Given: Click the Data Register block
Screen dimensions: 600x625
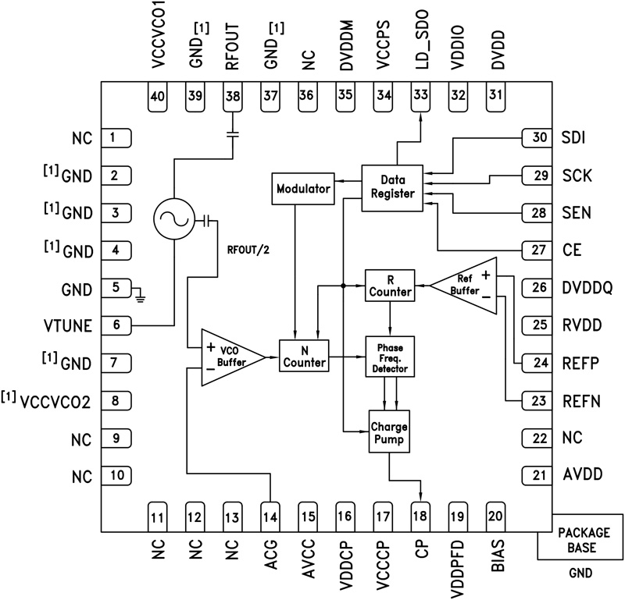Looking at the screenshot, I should click(391, 187).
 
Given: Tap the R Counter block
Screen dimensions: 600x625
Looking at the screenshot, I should click(388, 286).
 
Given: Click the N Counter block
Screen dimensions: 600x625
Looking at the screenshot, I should click(303, 357).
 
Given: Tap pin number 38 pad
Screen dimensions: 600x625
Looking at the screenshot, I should click(232, 95).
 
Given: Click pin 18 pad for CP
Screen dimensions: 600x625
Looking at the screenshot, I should click(420, 515).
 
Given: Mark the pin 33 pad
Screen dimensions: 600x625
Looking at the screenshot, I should click(420, 95).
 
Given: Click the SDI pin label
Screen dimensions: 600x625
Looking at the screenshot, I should click(573, 138).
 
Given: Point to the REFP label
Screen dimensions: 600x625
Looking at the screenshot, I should click(580, 362).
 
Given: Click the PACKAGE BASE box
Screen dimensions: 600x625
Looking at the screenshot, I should click(580, 536).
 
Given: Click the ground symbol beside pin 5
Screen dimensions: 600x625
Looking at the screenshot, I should click(141, 295).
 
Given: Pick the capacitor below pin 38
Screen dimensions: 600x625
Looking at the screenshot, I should click(232, 135).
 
